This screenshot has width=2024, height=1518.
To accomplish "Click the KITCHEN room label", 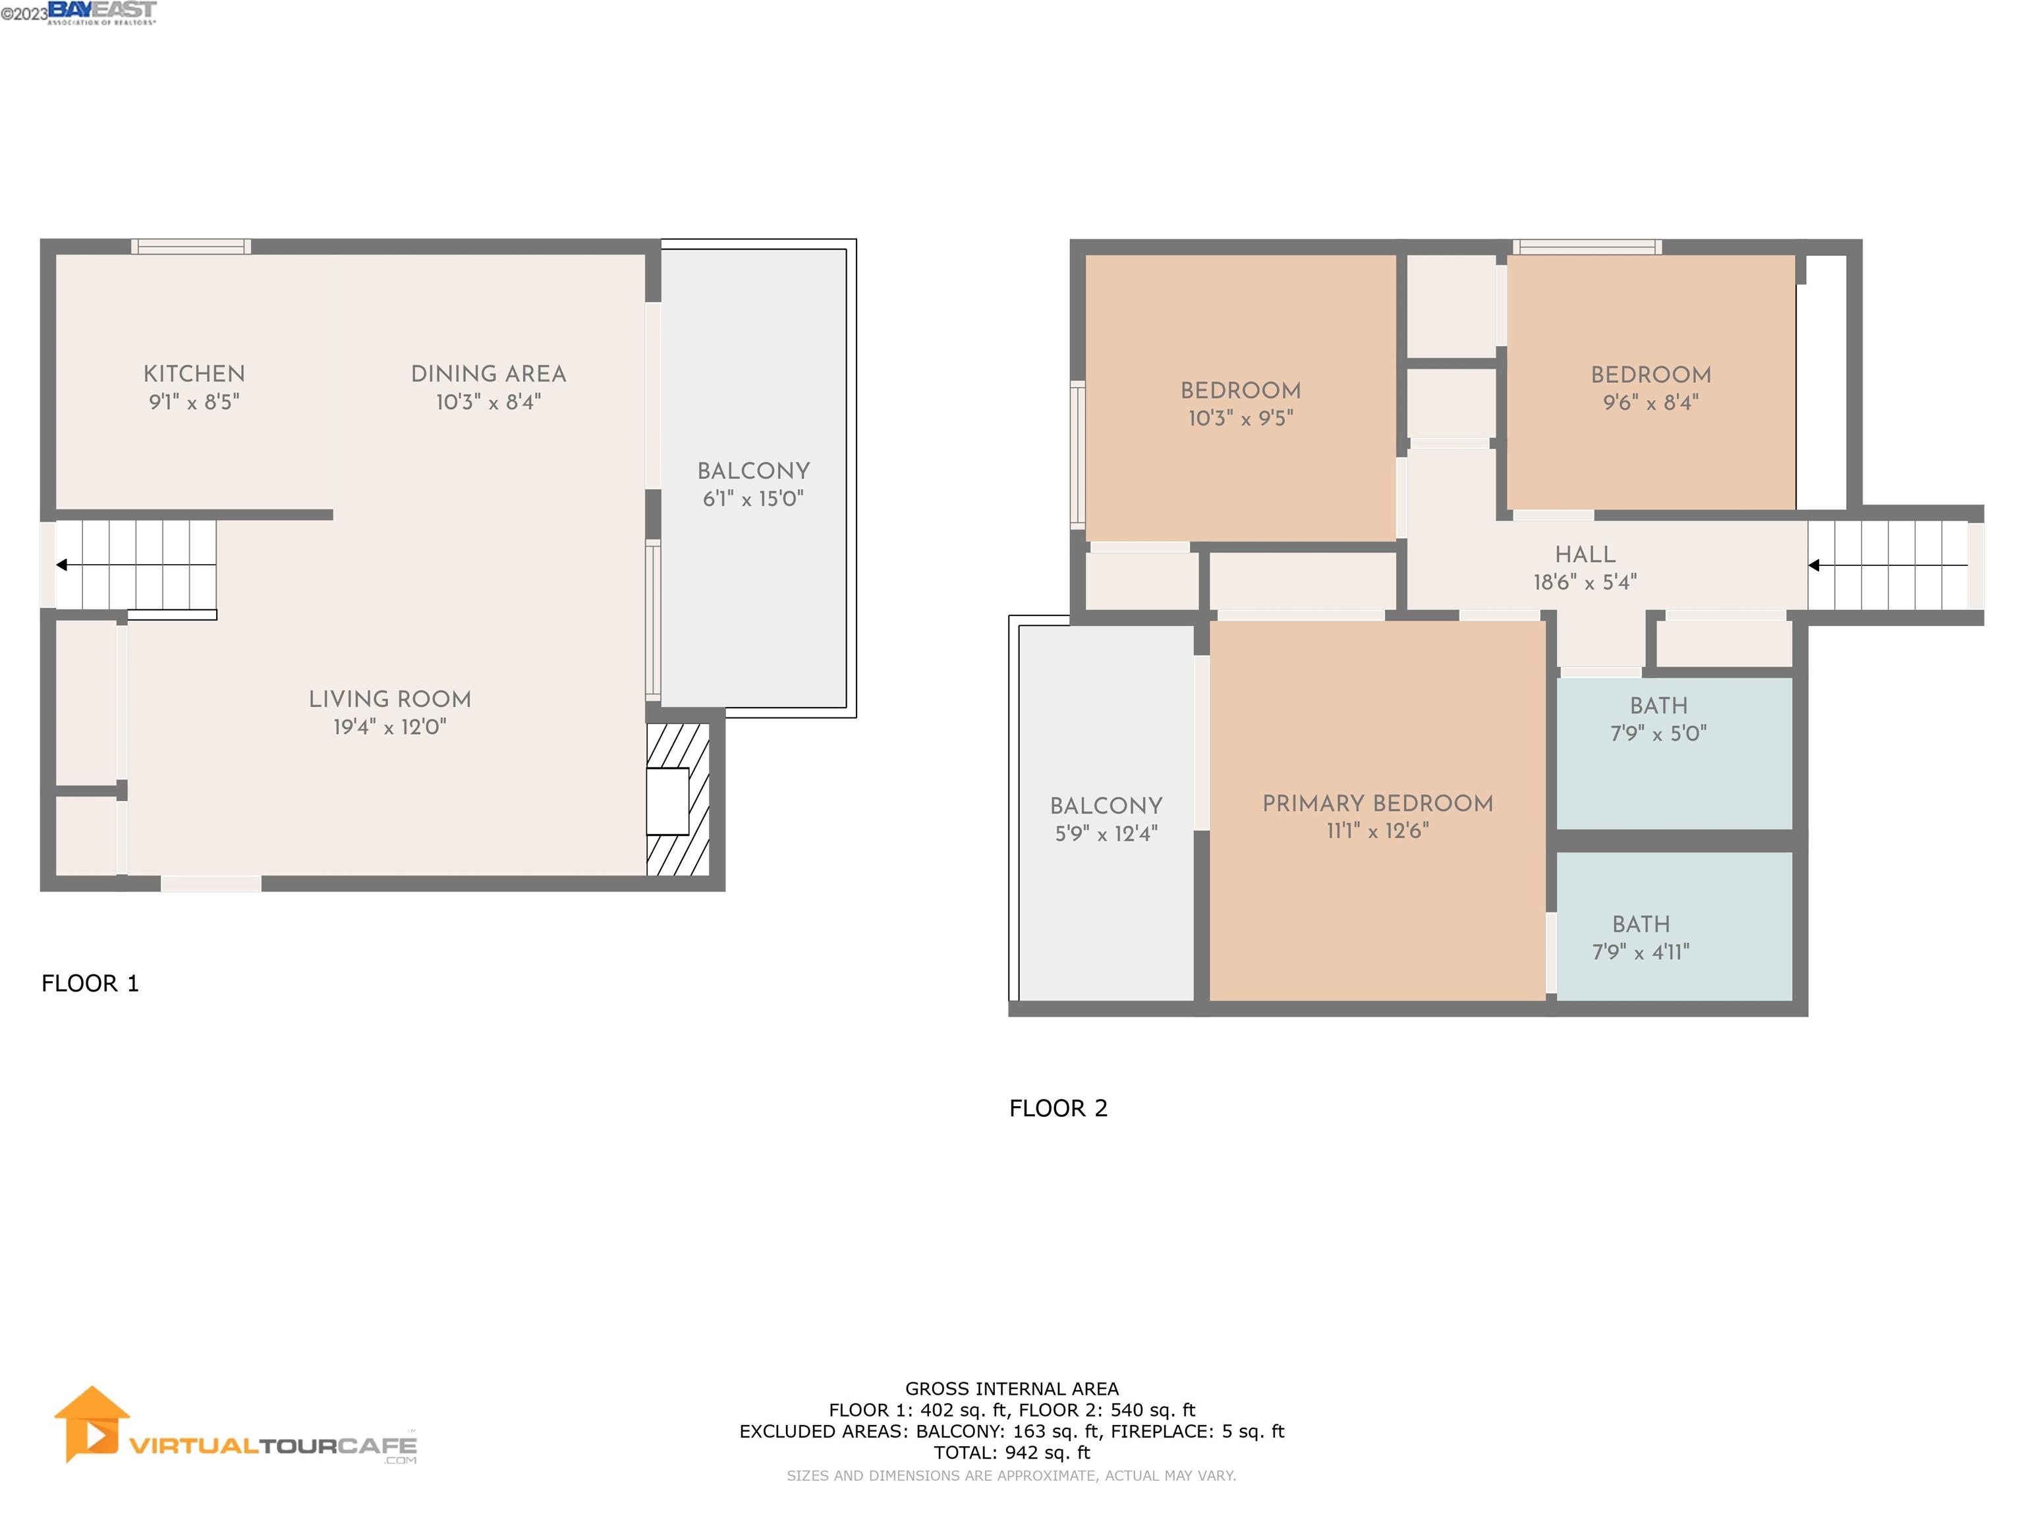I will coord(194,374).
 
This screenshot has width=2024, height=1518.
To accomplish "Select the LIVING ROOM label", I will coord(390,699).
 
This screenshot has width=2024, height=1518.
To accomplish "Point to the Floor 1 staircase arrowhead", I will coord(62,565).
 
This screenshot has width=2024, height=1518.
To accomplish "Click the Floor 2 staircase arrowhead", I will coord(1814,565).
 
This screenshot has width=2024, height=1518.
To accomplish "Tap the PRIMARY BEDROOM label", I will coord(1377,803).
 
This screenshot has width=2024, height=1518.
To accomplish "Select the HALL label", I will coord(1585,555).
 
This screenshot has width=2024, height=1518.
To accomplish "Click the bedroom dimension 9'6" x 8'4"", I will coord(1650,403).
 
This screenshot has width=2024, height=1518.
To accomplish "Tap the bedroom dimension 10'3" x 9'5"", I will coord(1240,418).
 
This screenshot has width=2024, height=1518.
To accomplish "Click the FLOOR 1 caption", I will coord(90,984).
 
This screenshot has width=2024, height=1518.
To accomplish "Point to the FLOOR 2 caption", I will coord(1057,1108).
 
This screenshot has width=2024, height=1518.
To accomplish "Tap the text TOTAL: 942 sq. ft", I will coord(1011,1452).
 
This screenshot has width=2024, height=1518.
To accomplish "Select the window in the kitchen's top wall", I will coord(190,246).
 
